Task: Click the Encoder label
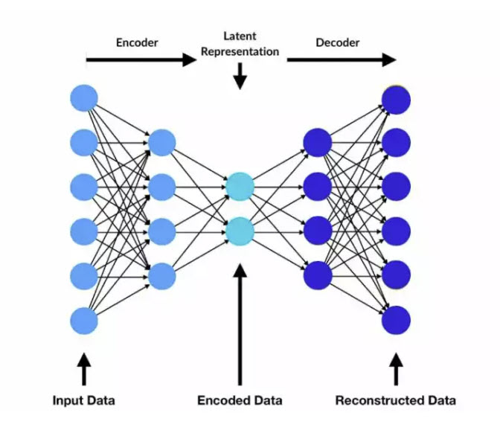pyautogui.click(x=138, y=42)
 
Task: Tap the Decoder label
pyautogui.click(x=337, y=42)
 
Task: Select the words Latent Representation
pyautogui.click(x=240, y=44)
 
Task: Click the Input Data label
pyautogui.click(x=83, y=400)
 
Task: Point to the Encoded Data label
pyautogui.click(x=240, y=400)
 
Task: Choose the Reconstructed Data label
pyautogui.click(x=395, y=400)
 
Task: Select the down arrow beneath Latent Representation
pyautogui.click(x=240, y=76)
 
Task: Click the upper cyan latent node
pyautogui.click(x=240, y=186)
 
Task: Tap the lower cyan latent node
pyautogui.click(x=240, y=231)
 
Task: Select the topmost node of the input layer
pyautogui.click(x=84, y=98)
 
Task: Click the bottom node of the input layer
pyautogui.click(x=84, y=321)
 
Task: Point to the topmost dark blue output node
pyautogui.click(x=396, y=98)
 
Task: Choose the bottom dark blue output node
pyautogui.click(x=396, y=321)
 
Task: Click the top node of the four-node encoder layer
pyautogui.click(x=162, y=141)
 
